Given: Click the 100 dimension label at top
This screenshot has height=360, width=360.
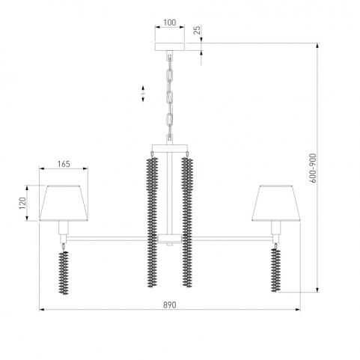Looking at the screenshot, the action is (170, 22).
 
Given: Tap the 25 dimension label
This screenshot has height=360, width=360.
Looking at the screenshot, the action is (197, 30).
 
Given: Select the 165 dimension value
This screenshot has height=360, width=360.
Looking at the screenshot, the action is (64, 164).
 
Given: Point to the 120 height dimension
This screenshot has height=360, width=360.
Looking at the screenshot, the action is (22, 203).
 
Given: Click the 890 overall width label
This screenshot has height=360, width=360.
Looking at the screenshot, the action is (170, 305).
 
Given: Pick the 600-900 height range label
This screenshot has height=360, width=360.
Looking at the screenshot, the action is (314, 168).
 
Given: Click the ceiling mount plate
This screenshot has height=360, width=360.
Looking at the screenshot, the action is (170, 46).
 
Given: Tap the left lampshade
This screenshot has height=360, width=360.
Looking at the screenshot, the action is (64, 203).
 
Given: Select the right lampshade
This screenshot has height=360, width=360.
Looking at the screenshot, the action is (276, 203).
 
